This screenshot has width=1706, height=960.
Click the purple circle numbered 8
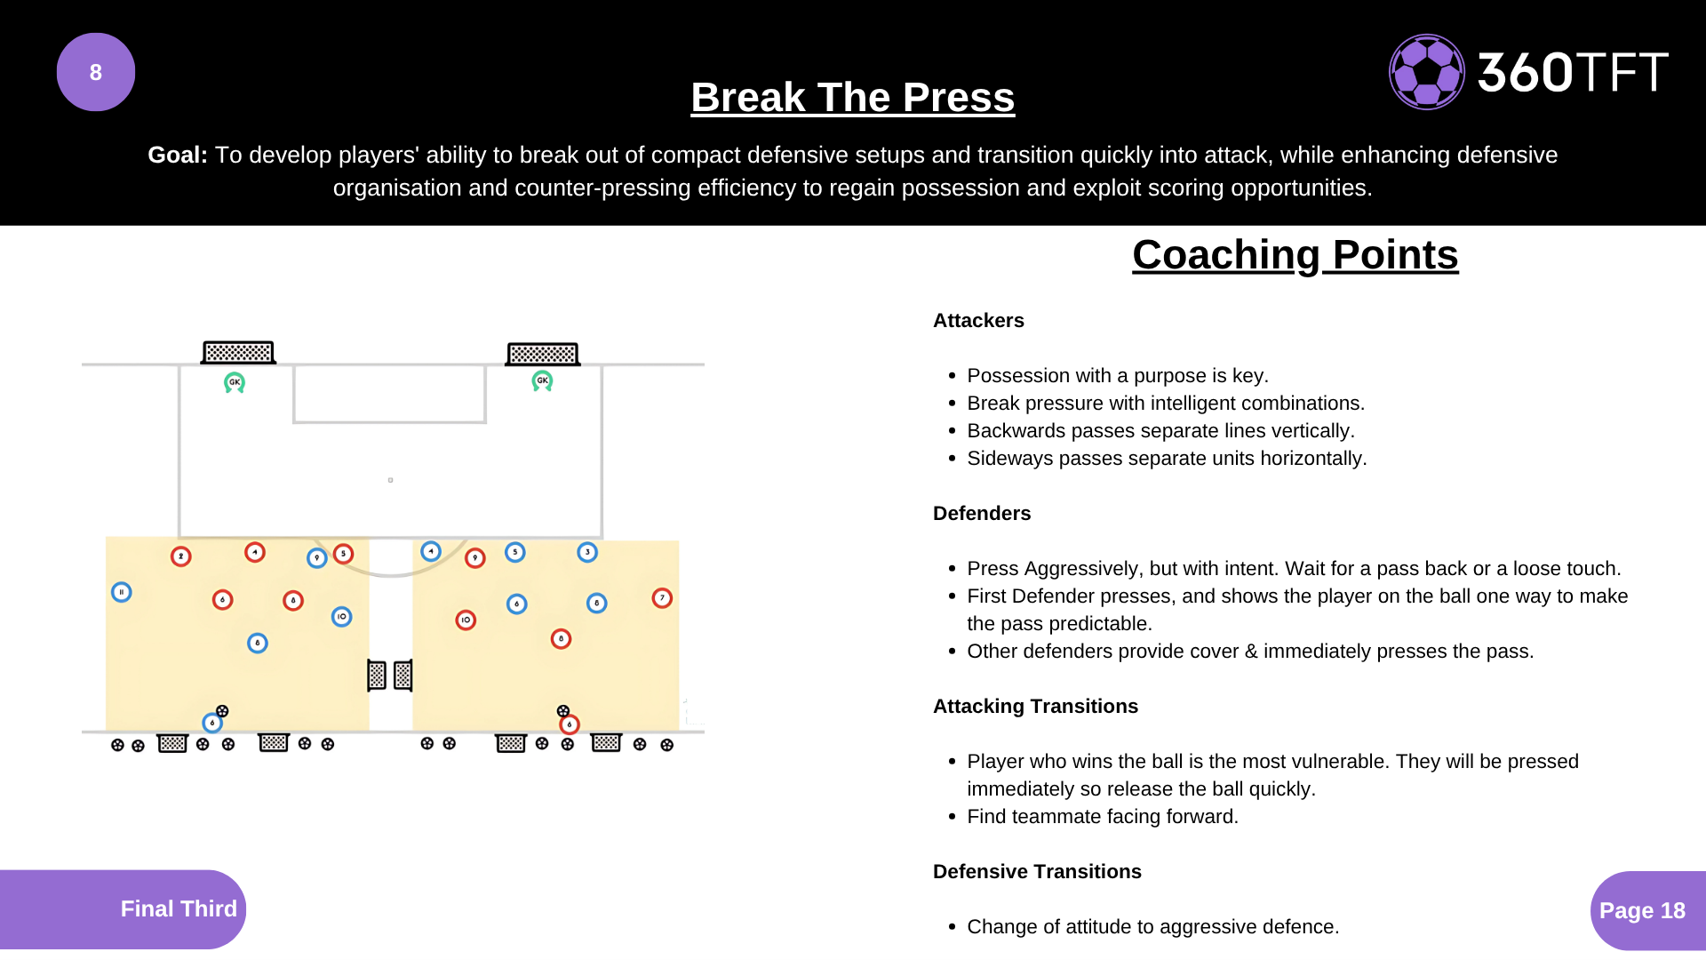pyautogui.click(x=96, y=72)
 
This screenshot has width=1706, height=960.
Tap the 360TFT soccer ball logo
pyautogui.click(x=1427, y=72)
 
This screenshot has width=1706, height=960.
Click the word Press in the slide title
pyautogui.click(x=959, y=97)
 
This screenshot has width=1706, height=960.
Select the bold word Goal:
pyautogui.click(x=178, y=155)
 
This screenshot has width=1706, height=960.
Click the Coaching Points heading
pyautogui.click(x=1295, y=255)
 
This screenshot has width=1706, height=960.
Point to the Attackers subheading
pyautogui.click(x=978, y=321)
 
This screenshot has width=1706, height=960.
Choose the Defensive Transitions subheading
pyautogui.click(x=1037, y=872)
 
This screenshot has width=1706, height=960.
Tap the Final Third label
pyautogui.click(x=179, y=908)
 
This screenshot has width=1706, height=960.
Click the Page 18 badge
pyautogui.click(x=1642, y=910)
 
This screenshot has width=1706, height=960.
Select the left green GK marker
pyautogui.click(x=235, y=382)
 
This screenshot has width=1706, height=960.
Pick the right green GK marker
pyautogui.click(x=542, y=381)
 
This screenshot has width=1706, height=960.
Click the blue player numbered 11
pyautogui.click(x=122, y=592)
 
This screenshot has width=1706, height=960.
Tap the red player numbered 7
pyautogui.click(x=662, y=598)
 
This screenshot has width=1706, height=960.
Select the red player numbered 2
pyautogui.click(x=181, y=556)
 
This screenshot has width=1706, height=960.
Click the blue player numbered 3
pyautogui.click(x=587, y=552)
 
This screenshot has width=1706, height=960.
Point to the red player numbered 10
pyautogui.click(x=466, y=620)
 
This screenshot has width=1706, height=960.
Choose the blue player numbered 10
pyautogui.click(x=341, y=617)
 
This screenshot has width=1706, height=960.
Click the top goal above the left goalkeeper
pyautogui.click(x=238, y=353)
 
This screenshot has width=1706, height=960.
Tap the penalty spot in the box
pyautogui.click(x=390, y=480)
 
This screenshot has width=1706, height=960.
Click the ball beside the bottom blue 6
pyautogui.click(x=222, y=711)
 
